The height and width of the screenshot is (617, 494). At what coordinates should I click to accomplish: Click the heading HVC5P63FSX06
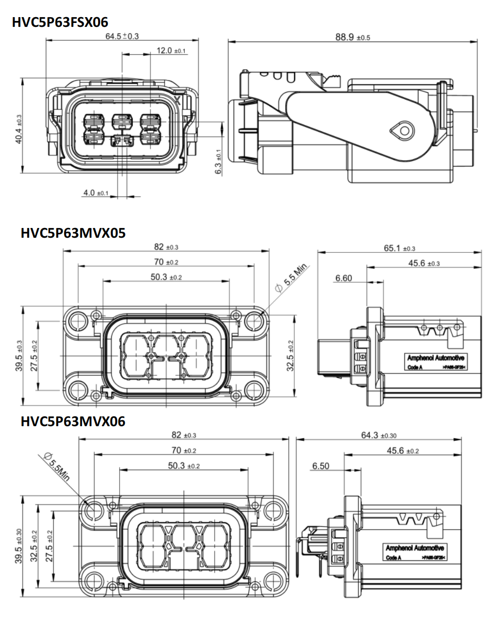click(60, 22)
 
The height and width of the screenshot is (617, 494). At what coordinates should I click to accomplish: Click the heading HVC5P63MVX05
click(73, 233)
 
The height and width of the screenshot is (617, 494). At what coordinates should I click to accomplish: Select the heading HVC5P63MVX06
click(73, 421)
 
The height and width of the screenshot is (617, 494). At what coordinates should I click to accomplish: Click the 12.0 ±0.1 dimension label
click(171, 50)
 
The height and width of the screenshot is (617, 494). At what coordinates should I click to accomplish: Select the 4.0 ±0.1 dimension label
click(96, 193)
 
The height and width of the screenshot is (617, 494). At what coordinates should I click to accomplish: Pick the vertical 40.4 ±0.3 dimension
click(19, 129)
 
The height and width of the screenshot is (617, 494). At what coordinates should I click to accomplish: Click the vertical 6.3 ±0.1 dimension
click(219, 161)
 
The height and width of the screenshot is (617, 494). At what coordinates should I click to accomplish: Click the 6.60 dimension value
click(343, 278)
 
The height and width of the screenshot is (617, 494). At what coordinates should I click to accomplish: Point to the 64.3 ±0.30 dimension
click(379, 435)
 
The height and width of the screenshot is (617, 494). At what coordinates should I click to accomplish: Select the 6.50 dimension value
click(321, 466)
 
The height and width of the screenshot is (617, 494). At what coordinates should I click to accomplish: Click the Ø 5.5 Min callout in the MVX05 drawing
click(292, 278)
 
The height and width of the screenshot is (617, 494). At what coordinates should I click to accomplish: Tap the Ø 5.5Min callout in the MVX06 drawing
click(57, 466)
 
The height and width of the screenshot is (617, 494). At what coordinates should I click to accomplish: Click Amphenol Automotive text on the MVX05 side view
click(436, 358)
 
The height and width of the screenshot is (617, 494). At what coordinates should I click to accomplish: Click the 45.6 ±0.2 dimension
click(403, 451)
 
